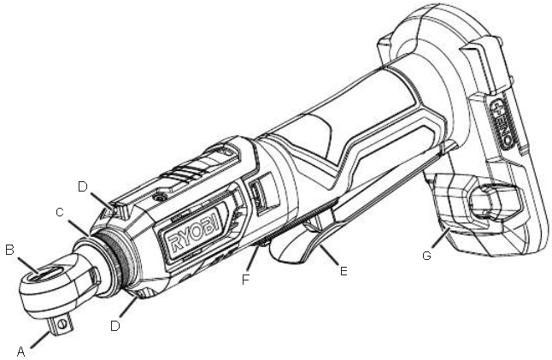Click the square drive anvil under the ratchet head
pyautogui.click(x=63, y=322)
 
